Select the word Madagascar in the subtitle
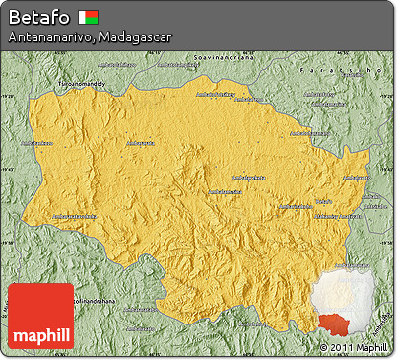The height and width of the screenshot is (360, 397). tap(136, 36)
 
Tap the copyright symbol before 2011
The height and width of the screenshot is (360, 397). tap(324, 347)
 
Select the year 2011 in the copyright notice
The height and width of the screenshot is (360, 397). tap(340, 347)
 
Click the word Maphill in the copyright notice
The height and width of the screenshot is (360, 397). tap(370, 347)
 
